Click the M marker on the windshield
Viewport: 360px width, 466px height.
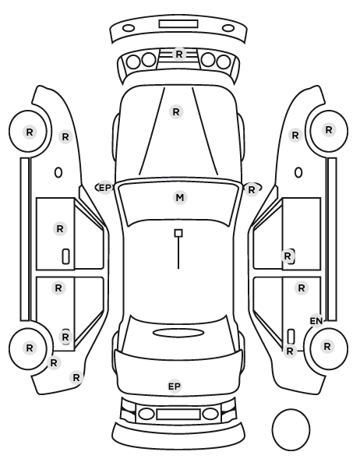[180, 198]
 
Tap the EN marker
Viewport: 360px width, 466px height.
[316, 321]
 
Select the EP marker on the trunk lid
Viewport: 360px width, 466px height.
[175, 387]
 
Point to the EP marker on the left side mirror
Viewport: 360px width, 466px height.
[104, 188]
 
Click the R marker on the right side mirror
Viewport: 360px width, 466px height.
[252, 190]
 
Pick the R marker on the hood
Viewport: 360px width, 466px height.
[176, 112]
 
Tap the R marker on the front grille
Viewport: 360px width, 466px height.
[179, 55]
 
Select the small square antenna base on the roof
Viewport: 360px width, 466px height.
[178, 233]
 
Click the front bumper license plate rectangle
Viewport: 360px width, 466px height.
[178, 24]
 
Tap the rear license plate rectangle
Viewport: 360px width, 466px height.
[178, 415]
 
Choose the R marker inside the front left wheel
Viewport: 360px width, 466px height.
[30, 132]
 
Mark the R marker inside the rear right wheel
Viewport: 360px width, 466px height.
[327, 347]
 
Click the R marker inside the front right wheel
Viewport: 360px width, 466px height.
[329, 130]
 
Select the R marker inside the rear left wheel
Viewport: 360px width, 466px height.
[29, 348]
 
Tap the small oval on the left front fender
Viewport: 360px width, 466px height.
[58, 173]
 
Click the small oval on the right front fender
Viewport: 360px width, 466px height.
[298, 173]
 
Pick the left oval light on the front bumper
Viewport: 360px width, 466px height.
[129, 29]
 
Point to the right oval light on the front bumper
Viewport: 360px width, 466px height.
[228, 29]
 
